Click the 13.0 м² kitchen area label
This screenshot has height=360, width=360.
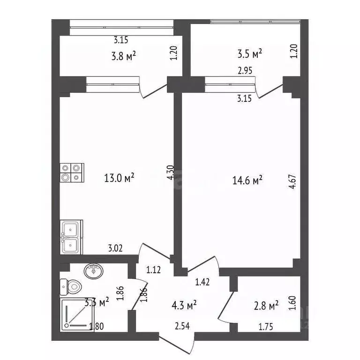click(x=119, y=178)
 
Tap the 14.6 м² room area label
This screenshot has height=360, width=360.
click(x=247, y=180)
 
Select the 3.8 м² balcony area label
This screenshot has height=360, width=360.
click(x=124, y=56)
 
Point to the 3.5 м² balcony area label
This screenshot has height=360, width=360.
click(x=249, y=54)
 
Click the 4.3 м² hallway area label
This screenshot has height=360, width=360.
click(x=184, y=305)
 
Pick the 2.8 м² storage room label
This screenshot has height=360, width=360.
click(x=266, y=306)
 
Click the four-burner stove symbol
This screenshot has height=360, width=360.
click(x=72, y=172)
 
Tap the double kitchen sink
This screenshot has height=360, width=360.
click(x=71, y=237)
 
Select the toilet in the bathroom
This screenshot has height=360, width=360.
click(x=71, y=287)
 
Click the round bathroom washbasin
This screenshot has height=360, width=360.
click(x=94, y=270)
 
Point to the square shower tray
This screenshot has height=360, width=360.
click(x=77, y=315)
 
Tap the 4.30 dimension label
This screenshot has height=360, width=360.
click(x=171, y=172)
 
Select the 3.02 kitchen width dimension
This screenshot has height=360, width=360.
click(x=115, y=248)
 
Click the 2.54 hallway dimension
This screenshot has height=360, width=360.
click(x=182, y=326)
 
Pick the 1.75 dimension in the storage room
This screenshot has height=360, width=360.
click(x=266, y=327)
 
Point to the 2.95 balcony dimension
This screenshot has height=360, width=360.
click(x=245, y=70)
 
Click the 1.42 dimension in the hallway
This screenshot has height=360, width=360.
click(x=202, y=282)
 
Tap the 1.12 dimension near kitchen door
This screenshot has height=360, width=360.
click(x=153, y=270)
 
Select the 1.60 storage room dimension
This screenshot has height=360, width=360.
click(x=292, y=303)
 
